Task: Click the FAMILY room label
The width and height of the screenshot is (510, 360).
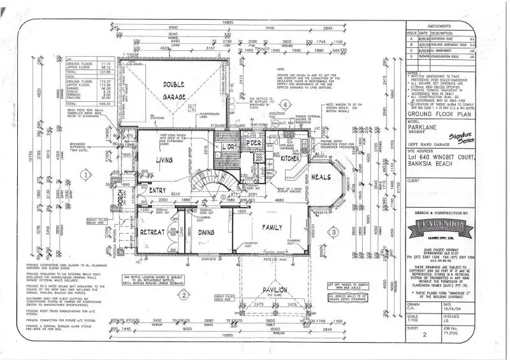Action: (270, 227)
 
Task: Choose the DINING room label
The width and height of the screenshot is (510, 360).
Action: (207, 233)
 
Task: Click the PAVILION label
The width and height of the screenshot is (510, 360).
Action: (273, 291)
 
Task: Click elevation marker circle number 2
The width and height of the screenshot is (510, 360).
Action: (182, 294)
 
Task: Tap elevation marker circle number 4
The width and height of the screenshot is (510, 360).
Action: (286, 104)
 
